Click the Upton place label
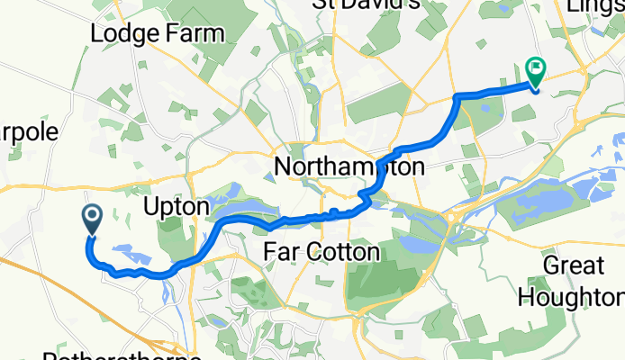[x=177, y=207]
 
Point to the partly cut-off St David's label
[x=366, y=4]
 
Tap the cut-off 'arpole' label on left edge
[x=29, y=132]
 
